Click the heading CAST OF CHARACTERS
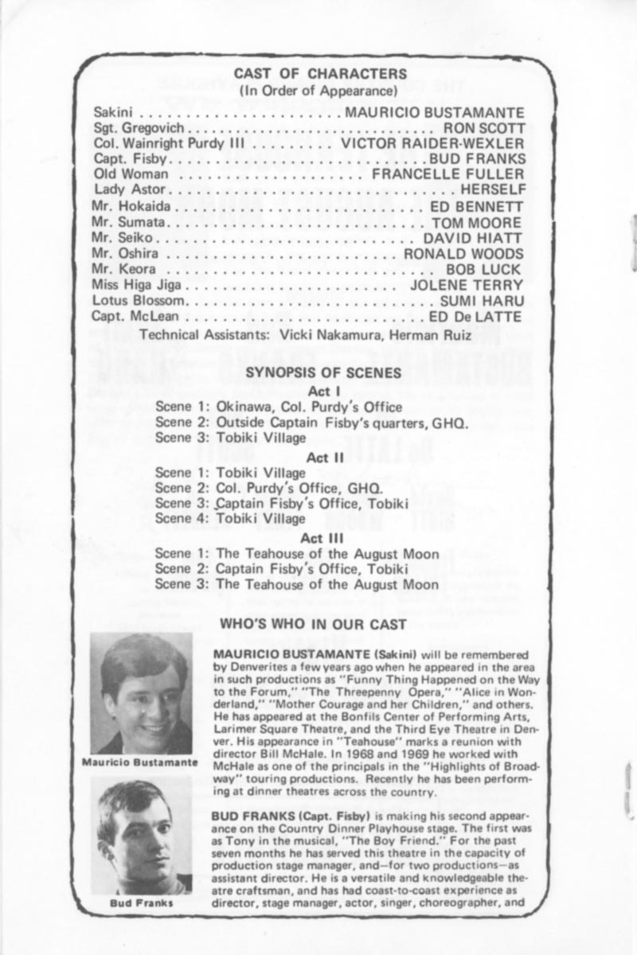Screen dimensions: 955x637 (x=320, y=74)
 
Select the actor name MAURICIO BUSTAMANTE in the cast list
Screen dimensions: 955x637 (x=434, y=113)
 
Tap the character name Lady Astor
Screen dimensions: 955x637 (x=130, y=189)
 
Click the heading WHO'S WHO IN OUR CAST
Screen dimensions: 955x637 (x=313, y=625)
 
